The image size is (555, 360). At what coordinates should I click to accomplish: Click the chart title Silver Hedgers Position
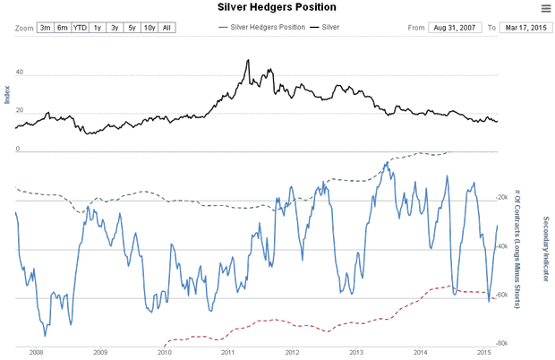277,7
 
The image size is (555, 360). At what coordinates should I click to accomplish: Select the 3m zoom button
46,28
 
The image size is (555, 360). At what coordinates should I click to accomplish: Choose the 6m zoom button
63,28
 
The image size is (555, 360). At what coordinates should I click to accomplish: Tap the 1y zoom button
98,28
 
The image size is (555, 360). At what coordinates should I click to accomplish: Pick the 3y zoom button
115,28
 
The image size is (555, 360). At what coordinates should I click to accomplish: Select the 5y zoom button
132,28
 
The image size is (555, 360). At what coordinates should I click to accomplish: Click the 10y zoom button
149,28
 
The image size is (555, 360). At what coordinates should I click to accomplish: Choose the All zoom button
167,28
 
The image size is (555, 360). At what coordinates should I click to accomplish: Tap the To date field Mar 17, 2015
524,28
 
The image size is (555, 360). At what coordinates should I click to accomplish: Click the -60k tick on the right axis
501,294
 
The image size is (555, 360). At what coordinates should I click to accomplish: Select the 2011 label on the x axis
228,352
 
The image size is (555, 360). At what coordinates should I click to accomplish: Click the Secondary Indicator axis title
545,254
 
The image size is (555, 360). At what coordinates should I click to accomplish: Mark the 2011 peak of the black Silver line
247,60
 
